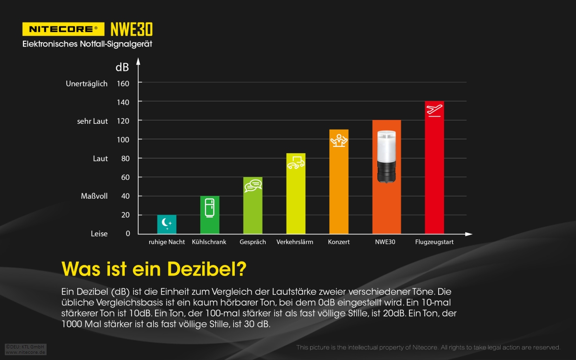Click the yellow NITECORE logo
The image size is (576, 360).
pyautogui.click(x=63, y=29)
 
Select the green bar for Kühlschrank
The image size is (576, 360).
pyautogui.click(x=210, y=215)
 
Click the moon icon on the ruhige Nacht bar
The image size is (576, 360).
pyautogui.click(x=167, y=222)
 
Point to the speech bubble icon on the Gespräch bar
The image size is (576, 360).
pyautogui.click(x=253, y=185)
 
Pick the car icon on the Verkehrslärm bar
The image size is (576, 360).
pyautogui.click(x=296, y=163)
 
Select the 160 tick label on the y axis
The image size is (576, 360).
pyautogui.click(x=123, y=84)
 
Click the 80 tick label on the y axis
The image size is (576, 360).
pyautogui.click(x=125, y=158)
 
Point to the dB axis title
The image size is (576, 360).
pyautogui.click(x=122, y=67)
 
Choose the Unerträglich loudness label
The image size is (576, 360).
pyautogui.click(x=86, y=84)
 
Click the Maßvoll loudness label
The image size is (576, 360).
pyautogui.click(x=94, y=196)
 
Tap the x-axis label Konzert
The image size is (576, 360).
pyautogui.click(x=339, y=242)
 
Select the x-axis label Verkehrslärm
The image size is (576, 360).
pyautogui.click(x=295, y=242)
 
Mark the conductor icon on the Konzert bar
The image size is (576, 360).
pyautogui.click(x=339, y=140)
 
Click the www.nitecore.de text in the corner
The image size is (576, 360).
pyautogui.click(x=25, y=352)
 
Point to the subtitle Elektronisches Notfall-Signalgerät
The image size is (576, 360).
pyautogui.click(x=87, y=44)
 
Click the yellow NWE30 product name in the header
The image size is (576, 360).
pyautogui.click(x=132, y=29)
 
